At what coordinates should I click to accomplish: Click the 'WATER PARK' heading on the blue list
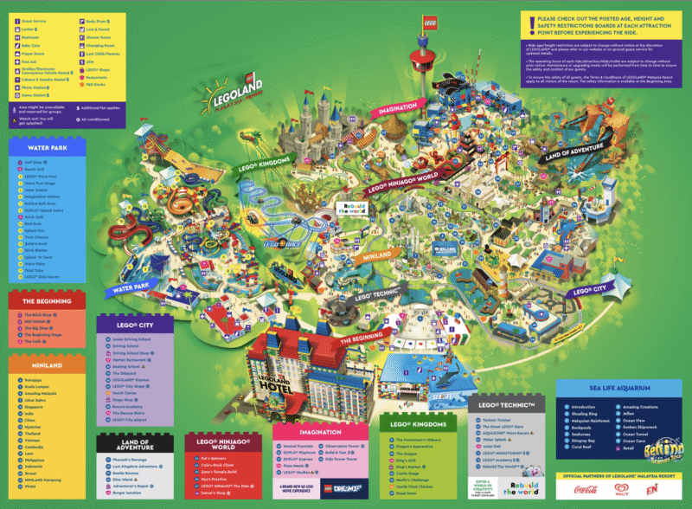point(47,148)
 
